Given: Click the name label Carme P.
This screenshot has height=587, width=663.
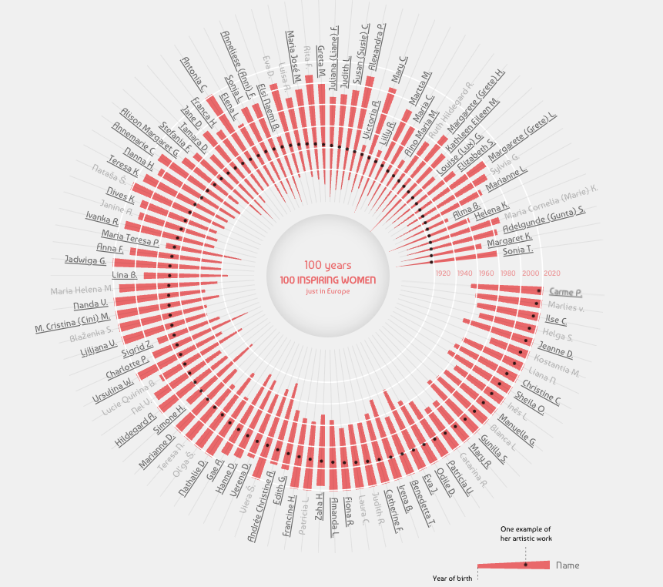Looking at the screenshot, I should pyautogui.click(x=565, y=293).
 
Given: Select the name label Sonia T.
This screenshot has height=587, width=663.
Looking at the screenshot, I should pyautogui.click(x=517, y=250).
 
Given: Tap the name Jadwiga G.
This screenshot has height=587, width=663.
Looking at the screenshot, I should pyautogui.click(x=85, y=260).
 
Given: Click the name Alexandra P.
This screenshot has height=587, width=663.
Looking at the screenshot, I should pyautogui.click(x=377, y=47).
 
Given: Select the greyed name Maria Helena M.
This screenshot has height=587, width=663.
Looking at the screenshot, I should pyautogui.click(x=82, y=290).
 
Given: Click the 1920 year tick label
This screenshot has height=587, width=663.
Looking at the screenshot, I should pyautogui.click(x=443, y=273).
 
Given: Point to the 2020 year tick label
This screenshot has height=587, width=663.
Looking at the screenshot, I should pyautogui.click(x=551, y=273).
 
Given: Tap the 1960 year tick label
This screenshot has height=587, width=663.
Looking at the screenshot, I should pyautogui.click(x=487, y=273).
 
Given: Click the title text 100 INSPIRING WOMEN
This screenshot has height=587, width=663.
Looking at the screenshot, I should pyautogui.click(x=328, y=280).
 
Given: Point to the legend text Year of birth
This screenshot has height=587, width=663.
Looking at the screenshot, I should pyautogui.click(x=449, y=578).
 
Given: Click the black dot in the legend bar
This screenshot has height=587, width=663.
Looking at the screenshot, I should pyautogui.click(x=526, y=565).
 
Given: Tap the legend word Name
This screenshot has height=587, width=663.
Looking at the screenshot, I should pyautogui.click(x=568, y=565).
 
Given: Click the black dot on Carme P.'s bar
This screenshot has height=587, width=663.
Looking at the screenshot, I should pyautogui.click(x=539, y=290).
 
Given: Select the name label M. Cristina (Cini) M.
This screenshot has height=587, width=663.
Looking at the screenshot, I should pyautogui.click(x=73, y=321).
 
